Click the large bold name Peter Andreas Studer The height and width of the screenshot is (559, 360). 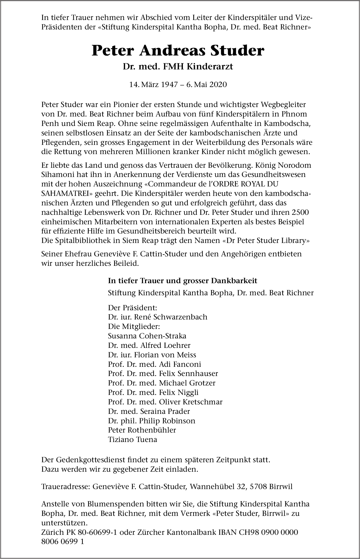click(x=178, y=51)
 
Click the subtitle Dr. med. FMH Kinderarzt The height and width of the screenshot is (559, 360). click(x=178, y=67)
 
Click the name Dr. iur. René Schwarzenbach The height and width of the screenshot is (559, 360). click(x=157, y=317)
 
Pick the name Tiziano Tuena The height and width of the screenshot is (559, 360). click(x=132, y=439)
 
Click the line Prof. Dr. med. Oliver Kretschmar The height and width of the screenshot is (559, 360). click(x=165, y=402)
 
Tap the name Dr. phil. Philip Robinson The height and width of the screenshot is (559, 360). click(x=151, y=421)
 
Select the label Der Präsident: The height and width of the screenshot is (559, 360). click(x=132, y=308)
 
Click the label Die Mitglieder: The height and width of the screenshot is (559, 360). click(x=134, y=326)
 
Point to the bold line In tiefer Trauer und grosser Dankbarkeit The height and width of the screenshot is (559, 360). click(x=182, y=281)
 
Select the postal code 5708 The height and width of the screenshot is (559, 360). click(x=258, y=487)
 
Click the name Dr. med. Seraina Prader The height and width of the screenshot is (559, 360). click(x=149, y=411)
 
